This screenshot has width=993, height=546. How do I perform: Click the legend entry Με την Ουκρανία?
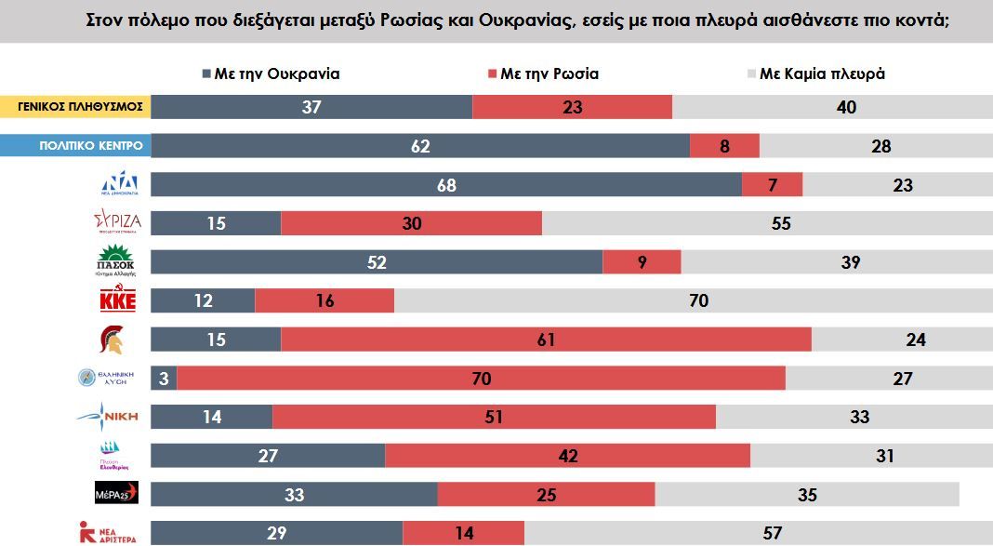[x=271, y=74]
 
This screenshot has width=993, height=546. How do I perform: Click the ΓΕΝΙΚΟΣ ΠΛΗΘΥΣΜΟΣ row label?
[x=75, y=106]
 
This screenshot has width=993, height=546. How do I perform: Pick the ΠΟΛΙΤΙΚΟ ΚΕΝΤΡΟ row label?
[x=75, y=146]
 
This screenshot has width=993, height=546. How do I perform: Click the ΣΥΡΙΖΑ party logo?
[x=118, y=223]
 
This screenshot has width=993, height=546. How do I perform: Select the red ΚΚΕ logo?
[x=119, y=300]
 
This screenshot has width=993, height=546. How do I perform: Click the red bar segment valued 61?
[x=546, y=340]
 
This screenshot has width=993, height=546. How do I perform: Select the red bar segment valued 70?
[x=481, y=379]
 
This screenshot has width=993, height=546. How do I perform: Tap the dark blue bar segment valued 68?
[x=446, y=185]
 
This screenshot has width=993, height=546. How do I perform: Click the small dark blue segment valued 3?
[x=164, y=379]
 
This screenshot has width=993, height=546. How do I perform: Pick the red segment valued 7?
[x=772, y=185]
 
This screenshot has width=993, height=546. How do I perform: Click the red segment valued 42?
[x=567, y=456]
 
